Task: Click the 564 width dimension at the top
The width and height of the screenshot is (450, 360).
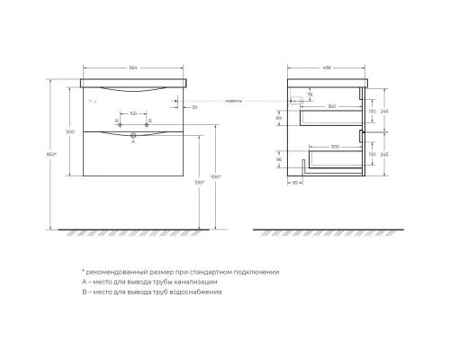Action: (134, 67)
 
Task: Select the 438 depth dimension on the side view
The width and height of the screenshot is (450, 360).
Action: (328, 67)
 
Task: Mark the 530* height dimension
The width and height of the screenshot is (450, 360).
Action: (209, 183)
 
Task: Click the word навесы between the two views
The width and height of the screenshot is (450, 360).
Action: (234, 101)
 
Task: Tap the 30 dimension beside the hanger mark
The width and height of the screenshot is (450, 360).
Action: (193, 107)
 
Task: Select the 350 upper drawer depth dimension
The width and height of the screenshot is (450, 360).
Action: (332, 107)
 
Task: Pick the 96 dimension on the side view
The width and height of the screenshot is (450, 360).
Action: (279, 161)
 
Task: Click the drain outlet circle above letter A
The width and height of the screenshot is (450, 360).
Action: (133, 133)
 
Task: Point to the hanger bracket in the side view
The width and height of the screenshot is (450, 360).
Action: (301, 101)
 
